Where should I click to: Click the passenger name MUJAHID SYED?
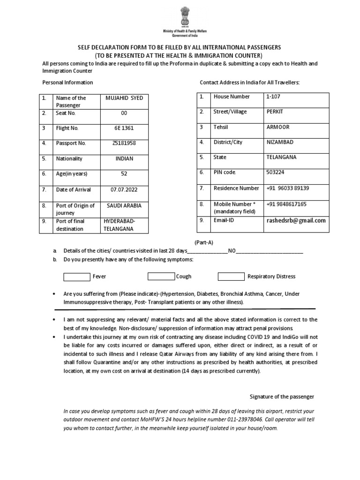pyautogui.click(x=124, y=98)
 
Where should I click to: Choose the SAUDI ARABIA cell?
pyautogui.click(x=124, y=206)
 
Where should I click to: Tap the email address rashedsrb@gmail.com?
pyautogui.click(x=295, y=220)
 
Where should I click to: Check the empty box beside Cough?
pyautogui.click(x=161, y=277)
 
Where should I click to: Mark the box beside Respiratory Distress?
pyautogui.click(x=231, y=277)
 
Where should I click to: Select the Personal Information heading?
pyautogui.click(x=67, y=82)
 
